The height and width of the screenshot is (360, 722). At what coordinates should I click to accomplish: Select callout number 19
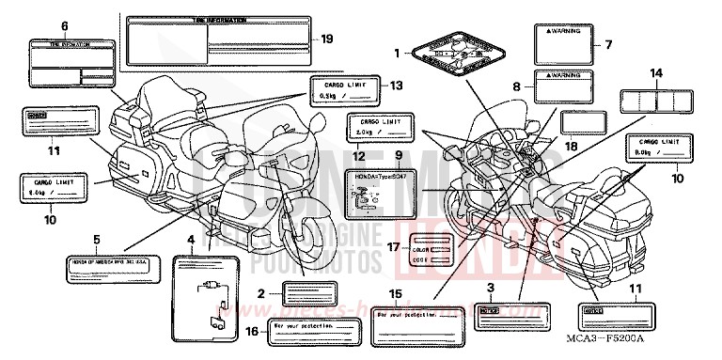tap(327, 39)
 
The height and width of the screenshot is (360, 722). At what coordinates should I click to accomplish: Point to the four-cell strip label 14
tap(655, 100)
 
